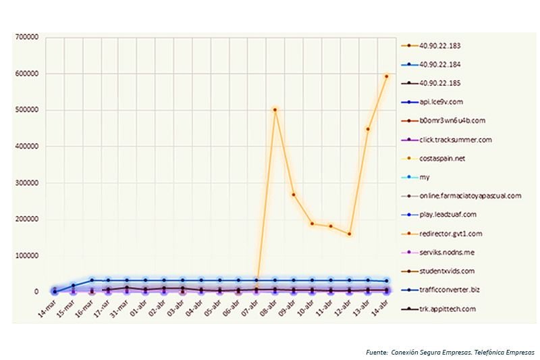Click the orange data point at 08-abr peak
coord(275,109)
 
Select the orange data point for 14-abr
coord(386,76)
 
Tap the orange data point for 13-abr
coord(368,129)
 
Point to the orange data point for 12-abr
coord(349,234)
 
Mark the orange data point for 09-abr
coord(293,195)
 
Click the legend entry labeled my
coord(425,178)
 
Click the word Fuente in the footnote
coord(375,352)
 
